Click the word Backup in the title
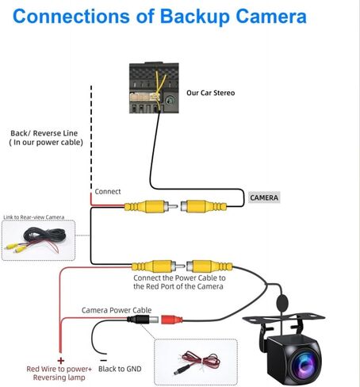[196, 17]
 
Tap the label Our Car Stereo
[211, 93]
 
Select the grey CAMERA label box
[264, 197]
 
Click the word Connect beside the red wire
[108, 191]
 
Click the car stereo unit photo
[154, 88]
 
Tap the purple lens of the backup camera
[305, 364]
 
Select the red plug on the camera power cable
[171, 320]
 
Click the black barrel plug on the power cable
[143, 320]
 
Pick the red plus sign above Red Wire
[61, 361]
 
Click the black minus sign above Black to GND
[104, 360]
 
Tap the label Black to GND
[120, 369]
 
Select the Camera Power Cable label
[117, 310]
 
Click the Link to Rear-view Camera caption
[34, 217]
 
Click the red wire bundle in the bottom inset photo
[201, 359]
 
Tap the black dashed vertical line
[91, 137]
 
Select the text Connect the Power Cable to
[179, 278]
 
